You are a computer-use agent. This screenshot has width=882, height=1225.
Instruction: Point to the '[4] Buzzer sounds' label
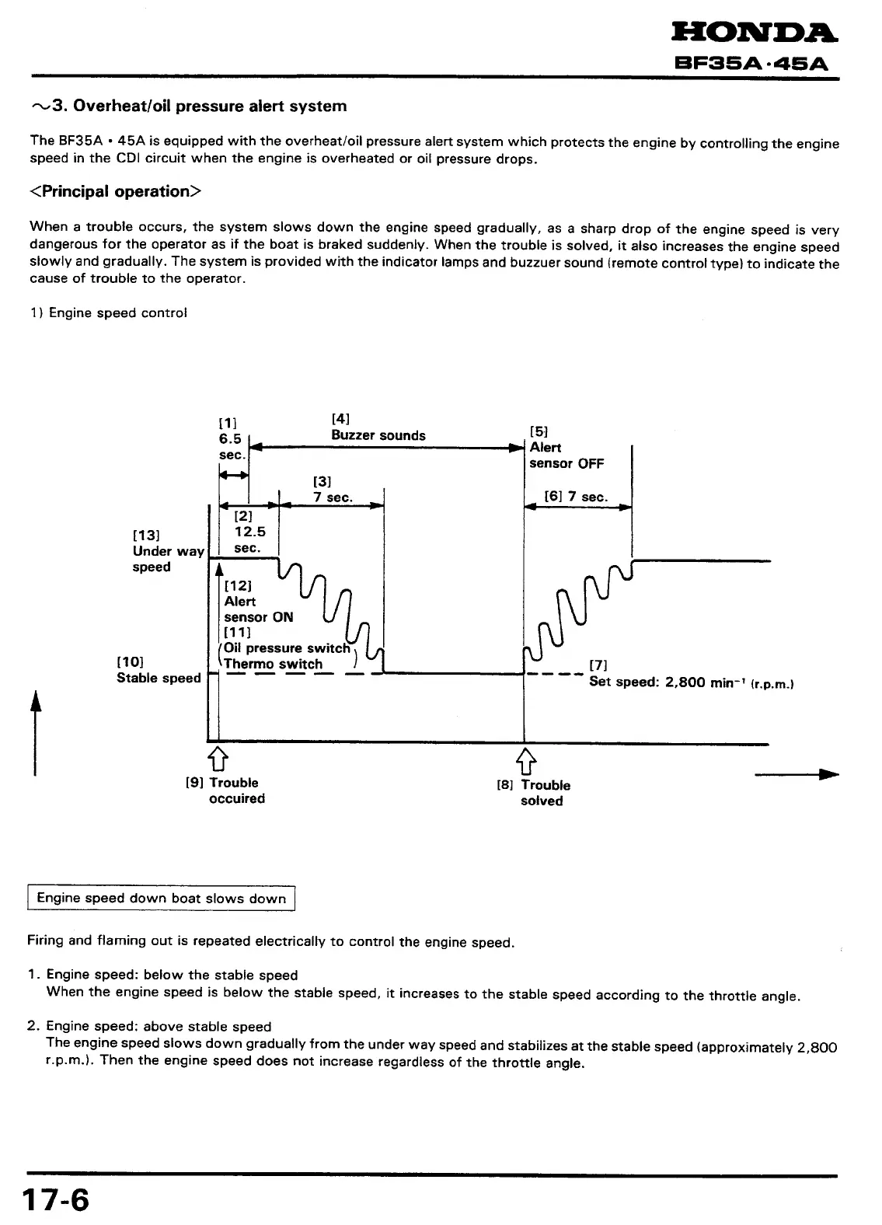click(378, 428)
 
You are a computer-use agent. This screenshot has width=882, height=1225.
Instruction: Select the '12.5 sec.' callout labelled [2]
click(249, 532)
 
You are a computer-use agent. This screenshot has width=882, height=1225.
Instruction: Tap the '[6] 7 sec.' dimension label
click(576, 497)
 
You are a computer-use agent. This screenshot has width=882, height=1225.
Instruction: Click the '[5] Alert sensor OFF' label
click(566, 448)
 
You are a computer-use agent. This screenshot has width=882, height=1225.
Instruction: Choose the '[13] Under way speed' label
click(167, 551)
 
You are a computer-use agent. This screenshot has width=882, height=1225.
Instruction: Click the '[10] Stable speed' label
click(158, 670)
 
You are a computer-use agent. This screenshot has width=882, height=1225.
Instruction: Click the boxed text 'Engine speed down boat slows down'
click(162, 899)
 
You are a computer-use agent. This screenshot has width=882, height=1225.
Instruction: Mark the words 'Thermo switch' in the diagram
click(273, 665)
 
